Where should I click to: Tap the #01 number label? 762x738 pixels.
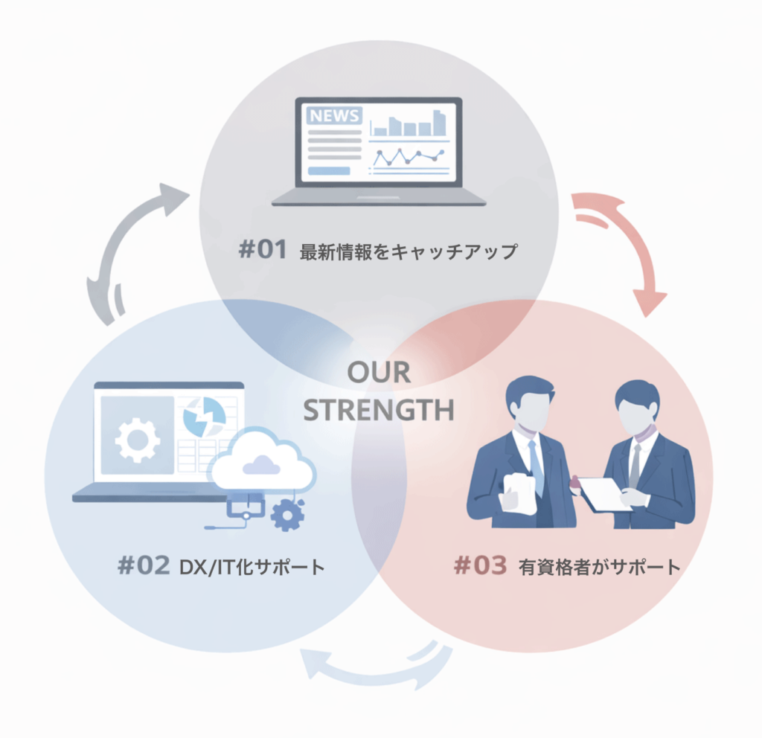[x=262, y=250]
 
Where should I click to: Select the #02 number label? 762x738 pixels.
[x=144, y=566]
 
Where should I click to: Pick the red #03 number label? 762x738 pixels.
[x=480, y=566]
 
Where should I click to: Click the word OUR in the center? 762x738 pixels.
[x=379, y=373]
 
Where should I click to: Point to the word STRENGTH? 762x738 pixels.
[x=380, y=410]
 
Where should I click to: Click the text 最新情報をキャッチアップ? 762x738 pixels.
[x=408, y=251]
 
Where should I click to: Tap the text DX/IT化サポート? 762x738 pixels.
[x=252, y=567]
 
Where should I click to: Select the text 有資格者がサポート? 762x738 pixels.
[x=599, y=567]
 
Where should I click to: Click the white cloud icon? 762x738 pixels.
[x=261, y=461]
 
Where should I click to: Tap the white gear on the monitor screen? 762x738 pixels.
[x=137, y=438]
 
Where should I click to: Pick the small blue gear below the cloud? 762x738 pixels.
[x=287, y=515]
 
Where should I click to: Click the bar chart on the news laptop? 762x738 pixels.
[x=410, y=123]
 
